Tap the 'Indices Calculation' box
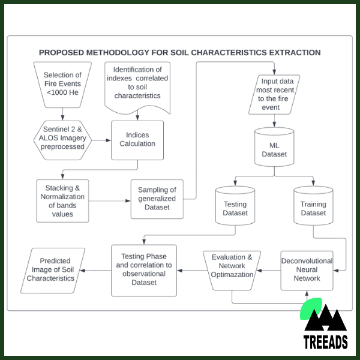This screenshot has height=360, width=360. click(x=137, y=140)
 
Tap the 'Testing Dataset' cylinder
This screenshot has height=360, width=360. click(x=235, y=208)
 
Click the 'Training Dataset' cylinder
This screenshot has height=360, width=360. click(x=313, y=208)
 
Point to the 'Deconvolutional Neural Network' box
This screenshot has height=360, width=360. click(x=307, y=270)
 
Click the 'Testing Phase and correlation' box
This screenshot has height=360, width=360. click(x=144, y=270)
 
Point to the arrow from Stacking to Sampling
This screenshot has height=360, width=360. click(x=111, y=200)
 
